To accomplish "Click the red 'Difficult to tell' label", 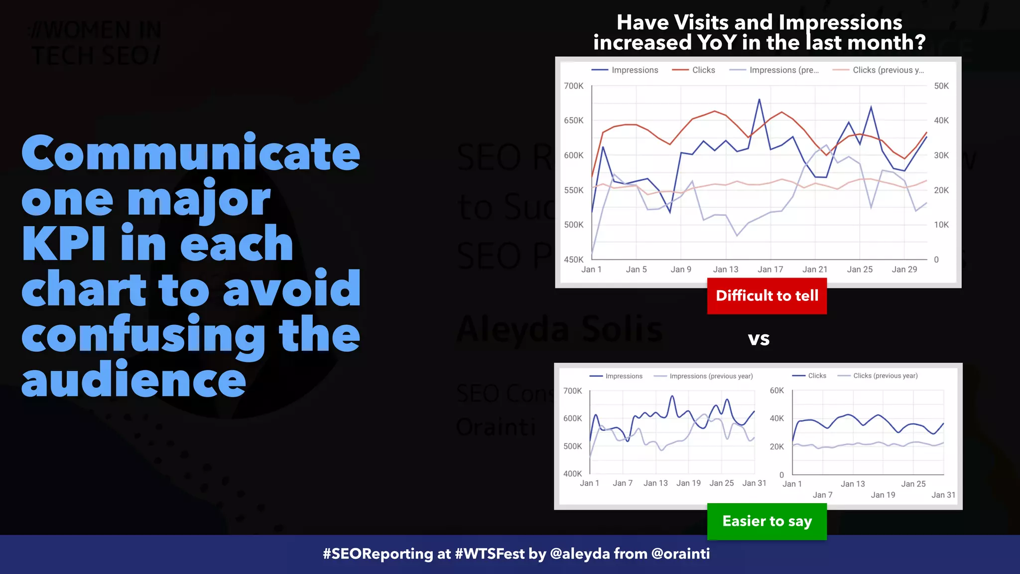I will [766, 296].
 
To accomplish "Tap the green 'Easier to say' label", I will [766, 521].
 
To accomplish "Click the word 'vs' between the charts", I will [759, 339].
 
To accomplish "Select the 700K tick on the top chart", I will [573, 86].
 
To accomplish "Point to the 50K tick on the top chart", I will [941, 86].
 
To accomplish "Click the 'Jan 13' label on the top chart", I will [726, 270].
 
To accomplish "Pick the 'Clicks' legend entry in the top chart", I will [703, 70].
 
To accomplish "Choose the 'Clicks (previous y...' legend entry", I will [888, 70].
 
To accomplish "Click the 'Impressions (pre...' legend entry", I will [783, 70].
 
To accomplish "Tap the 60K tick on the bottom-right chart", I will [776, 391].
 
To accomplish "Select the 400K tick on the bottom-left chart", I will [572, 474].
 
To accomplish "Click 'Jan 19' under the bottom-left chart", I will [688, 483].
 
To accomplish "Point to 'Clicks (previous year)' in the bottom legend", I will [885, 376].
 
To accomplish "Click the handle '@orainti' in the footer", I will [680, 554].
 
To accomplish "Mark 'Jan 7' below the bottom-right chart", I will [822, 495].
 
